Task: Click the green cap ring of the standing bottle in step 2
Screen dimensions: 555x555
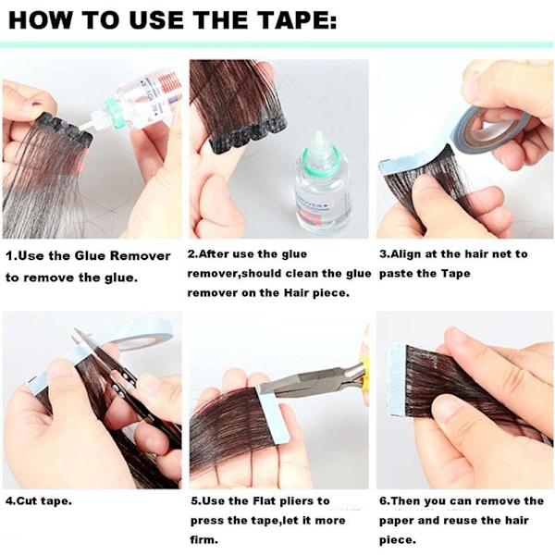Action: [320, 163]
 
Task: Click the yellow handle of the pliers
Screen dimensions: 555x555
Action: [364, 371]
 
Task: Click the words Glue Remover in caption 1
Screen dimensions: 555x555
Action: [123, 255]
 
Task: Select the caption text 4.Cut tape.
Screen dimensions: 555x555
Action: [39, 501]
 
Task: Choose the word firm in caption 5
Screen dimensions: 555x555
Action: [203, 540]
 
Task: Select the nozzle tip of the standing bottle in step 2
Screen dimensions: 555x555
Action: [319, 134]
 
